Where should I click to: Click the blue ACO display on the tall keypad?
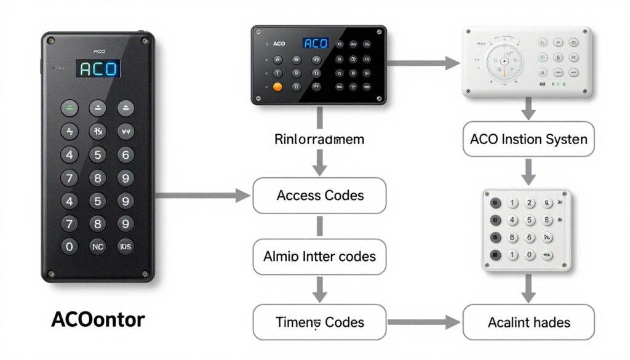(98, 68)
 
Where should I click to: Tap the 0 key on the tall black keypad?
(70, 246)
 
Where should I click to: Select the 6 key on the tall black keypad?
(126, 155)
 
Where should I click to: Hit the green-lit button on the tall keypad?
(70, 109)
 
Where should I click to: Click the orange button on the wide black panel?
(277, 87)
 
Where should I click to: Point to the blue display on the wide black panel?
(316, 44)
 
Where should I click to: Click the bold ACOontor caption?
(98, 319)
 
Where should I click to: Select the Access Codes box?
(320, 196)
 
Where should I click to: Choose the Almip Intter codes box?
(320, 256)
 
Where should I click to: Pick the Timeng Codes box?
(320, 322)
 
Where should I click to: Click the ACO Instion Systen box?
(528, 139)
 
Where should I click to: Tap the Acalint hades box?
(528, 322)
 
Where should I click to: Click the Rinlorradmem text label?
(319, 139)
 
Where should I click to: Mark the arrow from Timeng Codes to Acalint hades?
(424, 322)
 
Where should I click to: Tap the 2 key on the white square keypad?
(529, 204)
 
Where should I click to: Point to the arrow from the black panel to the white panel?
(424, 62)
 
